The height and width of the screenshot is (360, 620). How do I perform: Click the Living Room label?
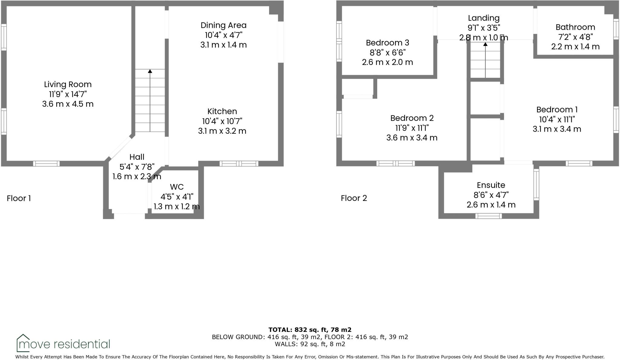coord(68,84)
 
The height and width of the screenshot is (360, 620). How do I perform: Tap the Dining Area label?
coord(223,25)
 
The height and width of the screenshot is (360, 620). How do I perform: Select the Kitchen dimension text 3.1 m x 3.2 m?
coord(222,131)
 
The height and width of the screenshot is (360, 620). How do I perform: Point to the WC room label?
coord(177,187)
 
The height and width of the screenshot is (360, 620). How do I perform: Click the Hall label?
coord(137,157)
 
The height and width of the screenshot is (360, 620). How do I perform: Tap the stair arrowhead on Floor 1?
coord(150,71)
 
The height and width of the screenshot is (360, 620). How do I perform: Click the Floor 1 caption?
coord(19,198)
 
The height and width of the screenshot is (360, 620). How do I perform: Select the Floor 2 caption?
coord(354,198)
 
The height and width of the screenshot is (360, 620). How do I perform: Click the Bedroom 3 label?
coord(387,43)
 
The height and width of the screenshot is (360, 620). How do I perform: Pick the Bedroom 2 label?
coord(412,118)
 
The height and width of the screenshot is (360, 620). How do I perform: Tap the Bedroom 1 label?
coord(557,110)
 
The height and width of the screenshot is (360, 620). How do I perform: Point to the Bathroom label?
coord(575,27)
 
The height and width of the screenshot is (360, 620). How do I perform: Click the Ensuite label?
coord(491,185)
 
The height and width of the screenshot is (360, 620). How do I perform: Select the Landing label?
coord(483,18)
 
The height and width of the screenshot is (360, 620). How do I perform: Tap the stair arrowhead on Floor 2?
coord(485,44)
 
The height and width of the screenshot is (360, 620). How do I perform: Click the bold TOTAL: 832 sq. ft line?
coord(310,330)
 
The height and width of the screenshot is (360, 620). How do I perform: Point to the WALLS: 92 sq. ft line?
coord(310,344)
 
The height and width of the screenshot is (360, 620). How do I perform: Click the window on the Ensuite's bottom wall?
coord(488,216)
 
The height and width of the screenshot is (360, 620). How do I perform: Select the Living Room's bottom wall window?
coord(46,164)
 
